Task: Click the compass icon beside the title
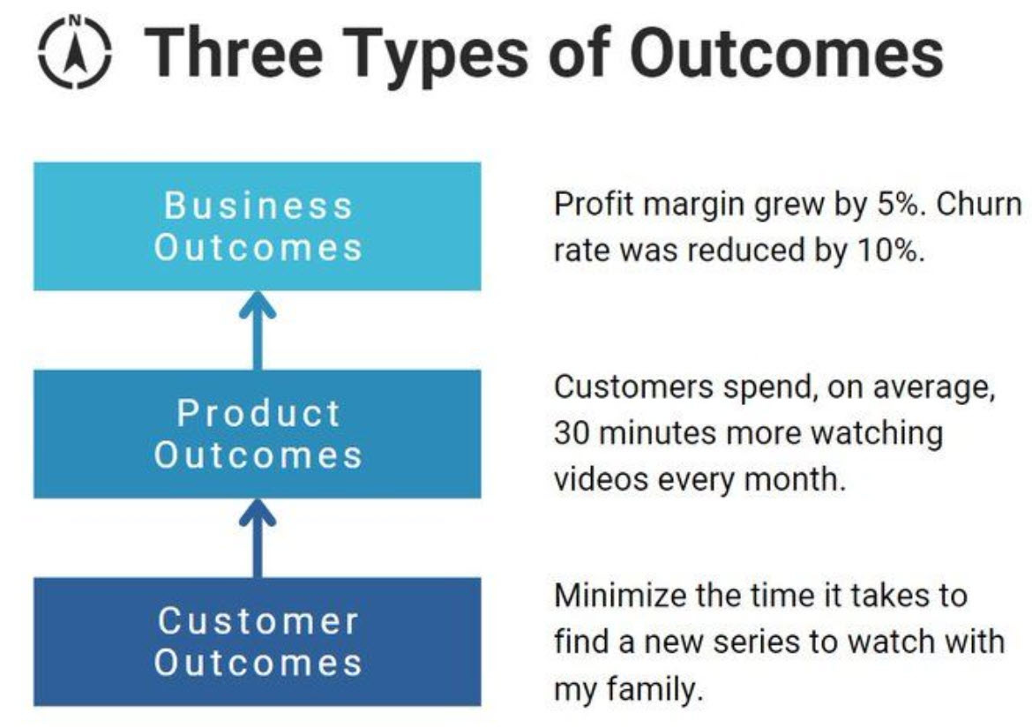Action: pos(74,52)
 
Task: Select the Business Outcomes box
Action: pos(258,227)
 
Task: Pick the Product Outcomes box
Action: pos(258,434)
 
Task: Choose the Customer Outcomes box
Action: pos(258,642)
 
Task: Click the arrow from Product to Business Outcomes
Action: pos(258,330)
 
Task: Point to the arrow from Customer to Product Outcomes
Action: pos(258,537)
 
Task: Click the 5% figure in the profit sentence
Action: pos(901,205)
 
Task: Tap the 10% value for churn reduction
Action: pos(891,250)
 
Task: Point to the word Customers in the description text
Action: pos(634,387)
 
